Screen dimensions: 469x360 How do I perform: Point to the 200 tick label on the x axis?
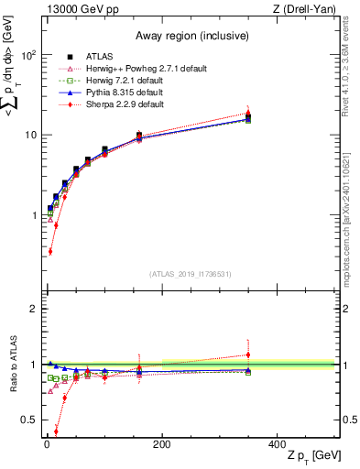click(x=161, y=444)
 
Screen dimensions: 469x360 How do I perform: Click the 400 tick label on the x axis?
click(x=278, y=444)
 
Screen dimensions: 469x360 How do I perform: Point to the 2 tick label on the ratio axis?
click(x=32, y=309)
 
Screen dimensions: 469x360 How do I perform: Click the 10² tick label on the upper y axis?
click(x=27, y=55)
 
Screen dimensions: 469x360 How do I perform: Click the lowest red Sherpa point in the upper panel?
click(x=49, y=251)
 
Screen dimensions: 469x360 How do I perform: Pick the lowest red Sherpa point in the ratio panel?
click(x=56, y=431)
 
